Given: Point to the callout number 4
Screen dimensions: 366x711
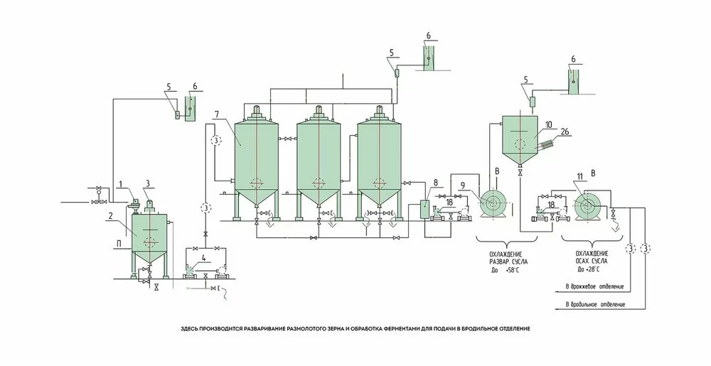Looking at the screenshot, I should (x=204, y=258).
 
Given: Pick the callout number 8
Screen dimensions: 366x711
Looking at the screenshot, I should (x=435, y=183).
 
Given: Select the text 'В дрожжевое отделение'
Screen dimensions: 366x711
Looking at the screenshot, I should (x=594, y=286).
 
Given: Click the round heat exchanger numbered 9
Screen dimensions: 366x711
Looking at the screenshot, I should (x=491, y=204).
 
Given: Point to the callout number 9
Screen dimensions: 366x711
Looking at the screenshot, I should (x=462, y=187).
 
